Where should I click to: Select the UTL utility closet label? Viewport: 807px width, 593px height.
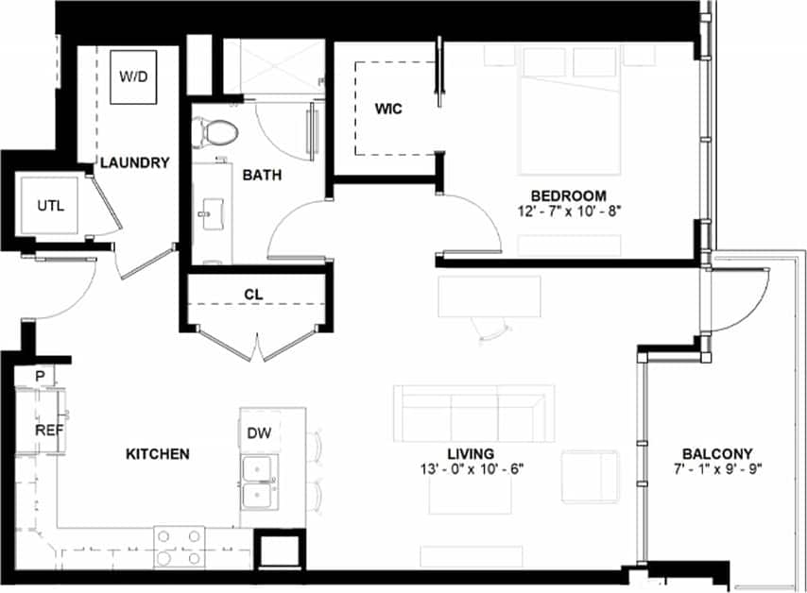50,206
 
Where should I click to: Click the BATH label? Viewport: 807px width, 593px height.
261,175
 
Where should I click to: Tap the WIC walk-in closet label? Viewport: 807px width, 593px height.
387,109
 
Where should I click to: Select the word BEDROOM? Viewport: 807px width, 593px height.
568,195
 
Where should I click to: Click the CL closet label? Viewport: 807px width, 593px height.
252,294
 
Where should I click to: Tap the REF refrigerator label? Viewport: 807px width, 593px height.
48,430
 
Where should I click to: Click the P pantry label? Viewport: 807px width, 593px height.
40,375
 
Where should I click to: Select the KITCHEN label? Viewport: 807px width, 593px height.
158,454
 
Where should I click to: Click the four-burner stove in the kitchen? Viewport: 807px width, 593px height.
180,547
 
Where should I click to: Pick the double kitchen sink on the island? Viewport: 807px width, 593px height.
258,483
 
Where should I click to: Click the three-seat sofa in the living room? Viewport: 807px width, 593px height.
472,413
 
